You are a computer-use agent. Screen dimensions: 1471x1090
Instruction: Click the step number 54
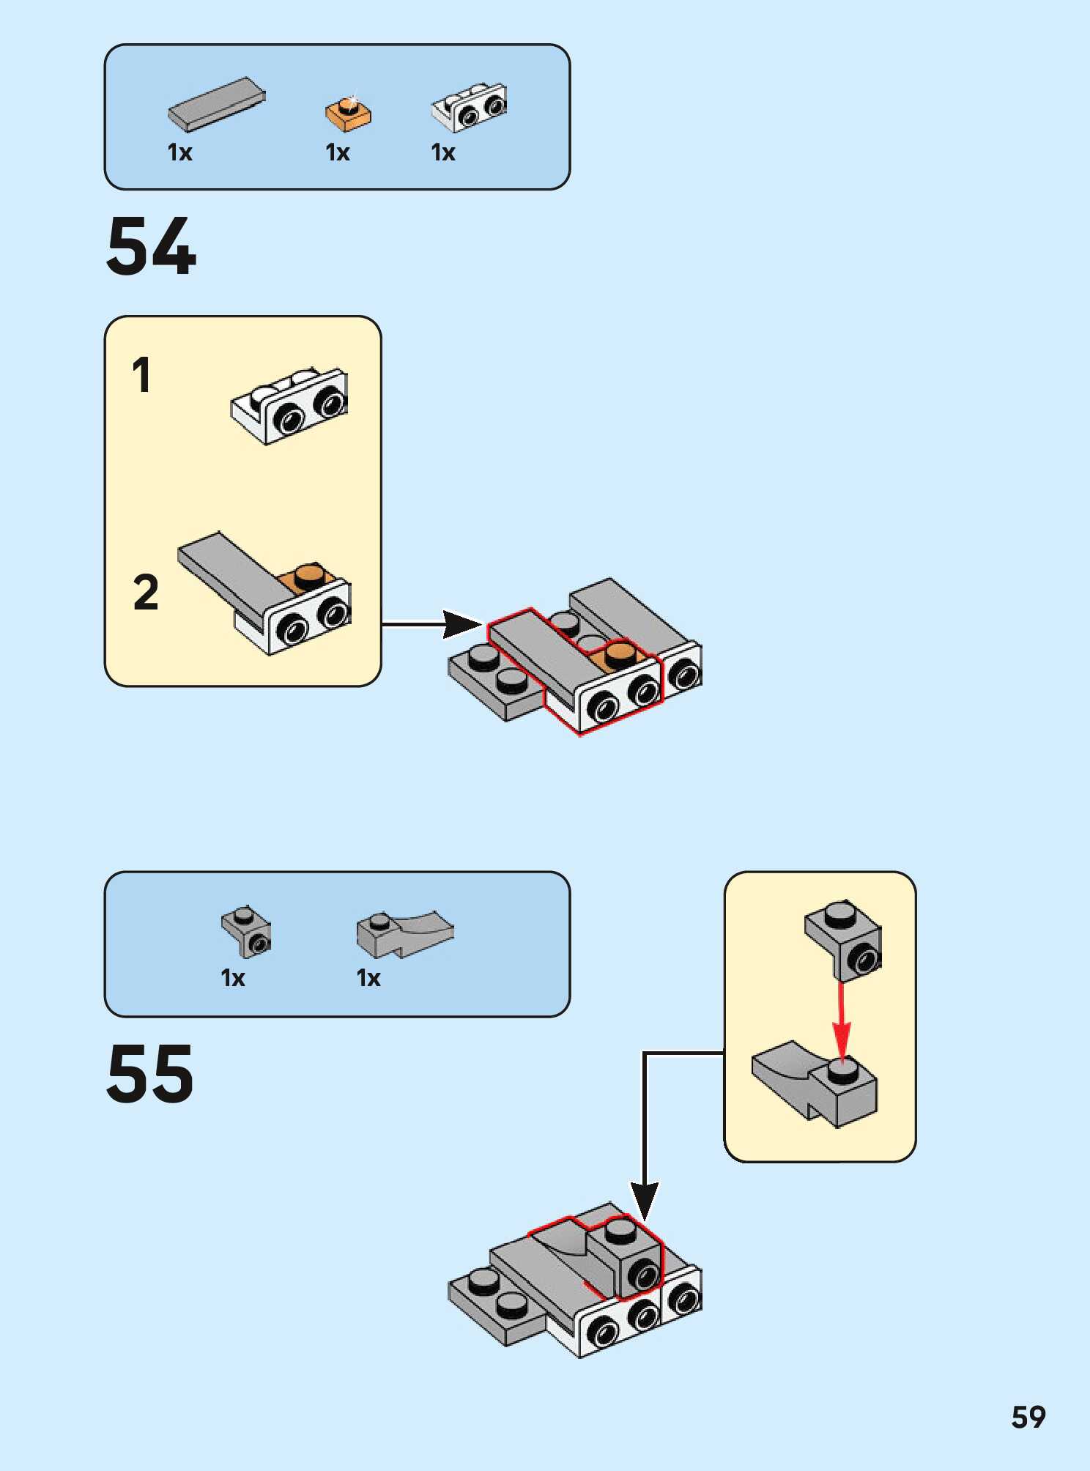point(151,247)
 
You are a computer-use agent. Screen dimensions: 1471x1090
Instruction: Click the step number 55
point(150,1074)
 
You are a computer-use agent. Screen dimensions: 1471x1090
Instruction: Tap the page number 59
point(1028,1418)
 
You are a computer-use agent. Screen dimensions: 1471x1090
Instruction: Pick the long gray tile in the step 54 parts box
point(216,105)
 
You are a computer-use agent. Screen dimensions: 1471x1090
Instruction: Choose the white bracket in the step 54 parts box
point(470,107)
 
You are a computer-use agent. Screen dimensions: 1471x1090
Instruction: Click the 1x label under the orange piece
point(338,152)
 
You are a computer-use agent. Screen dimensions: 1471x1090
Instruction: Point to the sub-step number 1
point(141,375)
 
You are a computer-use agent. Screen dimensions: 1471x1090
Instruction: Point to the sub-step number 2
point(146,592)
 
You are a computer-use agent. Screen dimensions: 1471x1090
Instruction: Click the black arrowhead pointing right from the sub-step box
point(461,624)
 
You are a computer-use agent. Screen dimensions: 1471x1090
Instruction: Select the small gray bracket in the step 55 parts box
point(247,931)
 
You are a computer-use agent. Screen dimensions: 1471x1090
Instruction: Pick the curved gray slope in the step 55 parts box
point(405,934)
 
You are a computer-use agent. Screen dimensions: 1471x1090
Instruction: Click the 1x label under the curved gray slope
point(368,978)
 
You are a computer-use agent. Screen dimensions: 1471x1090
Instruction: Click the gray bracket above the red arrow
point(845,938)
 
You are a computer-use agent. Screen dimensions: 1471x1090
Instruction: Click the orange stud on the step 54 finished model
point(620,654)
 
